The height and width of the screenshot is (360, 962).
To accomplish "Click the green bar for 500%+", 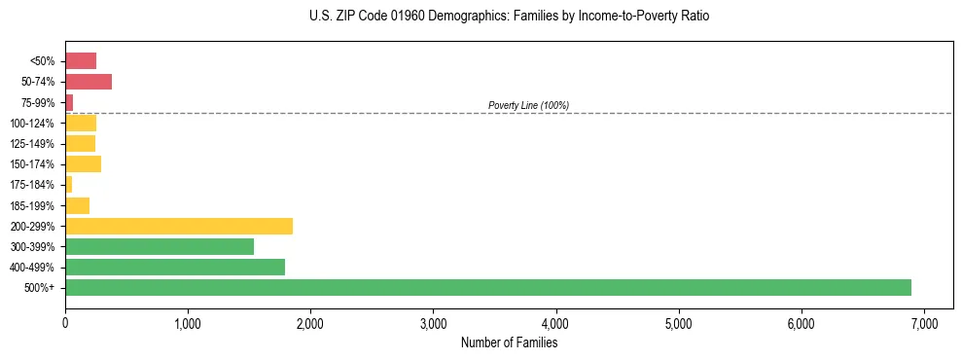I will coord(487,287).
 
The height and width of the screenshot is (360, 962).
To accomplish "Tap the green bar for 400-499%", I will coord(175,267).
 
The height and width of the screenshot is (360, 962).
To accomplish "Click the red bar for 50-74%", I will coord(89,82).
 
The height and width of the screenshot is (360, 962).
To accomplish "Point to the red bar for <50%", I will coord(81,60).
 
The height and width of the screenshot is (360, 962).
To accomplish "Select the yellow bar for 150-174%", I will coord(83,163).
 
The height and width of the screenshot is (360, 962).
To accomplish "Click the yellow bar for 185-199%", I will coord(77,205).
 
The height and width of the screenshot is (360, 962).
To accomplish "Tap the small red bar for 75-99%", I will coord(69,102).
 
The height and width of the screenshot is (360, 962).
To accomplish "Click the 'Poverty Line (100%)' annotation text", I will coord(528,105).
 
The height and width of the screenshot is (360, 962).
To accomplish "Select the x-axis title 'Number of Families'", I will coord(509,342).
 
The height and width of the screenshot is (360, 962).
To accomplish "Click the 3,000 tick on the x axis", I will coord(433,322).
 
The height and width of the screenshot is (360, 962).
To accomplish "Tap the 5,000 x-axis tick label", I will coord(678,322).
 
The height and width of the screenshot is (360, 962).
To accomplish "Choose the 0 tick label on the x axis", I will coord(65,322).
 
